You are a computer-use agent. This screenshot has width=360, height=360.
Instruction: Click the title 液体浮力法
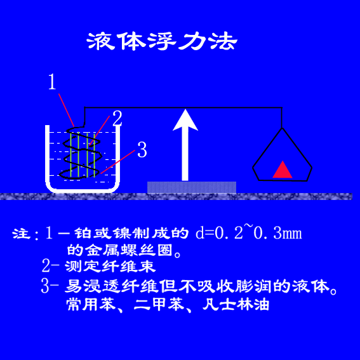pyautogui.click(x=162, y=41)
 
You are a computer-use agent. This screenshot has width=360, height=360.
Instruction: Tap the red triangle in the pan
pyautogui.click(x=283, y=170)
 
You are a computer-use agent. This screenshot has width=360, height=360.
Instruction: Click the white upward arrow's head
pyautogui.click(x=185, y=120)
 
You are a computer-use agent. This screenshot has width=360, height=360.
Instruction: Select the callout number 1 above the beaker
pyautogui.click(x=52, y=82)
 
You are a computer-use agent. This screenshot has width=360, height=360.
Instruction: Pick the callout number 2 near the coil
pyautogui.click(x=117, y=118)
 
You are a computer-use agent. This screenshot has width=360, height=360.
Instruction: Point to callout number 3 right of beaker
pyautogui.click(x=142, y=150)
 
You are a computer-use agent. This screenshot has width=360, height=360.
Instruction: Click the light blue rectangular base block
pyautogui.click(x=192, y=187)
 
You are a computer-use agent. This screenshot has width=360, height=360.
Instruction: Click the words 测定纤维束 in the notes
pyautogui.click(x=110, y=266)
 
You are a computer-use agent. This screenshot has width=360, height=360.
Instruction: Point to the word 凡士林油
pyautogui.click(x=236, y=305)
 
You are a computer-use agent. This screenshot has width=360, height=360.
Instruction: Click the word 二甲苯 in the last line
pyautogui.click(x=159, y=305)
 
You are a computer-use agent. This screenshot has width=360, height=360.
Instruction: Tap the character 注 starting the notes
pyautogui.click(x=21, y=233)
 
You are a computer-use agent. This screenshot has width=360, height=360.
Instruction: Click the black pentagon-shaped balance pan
pyautogui.click(x=283, y=180)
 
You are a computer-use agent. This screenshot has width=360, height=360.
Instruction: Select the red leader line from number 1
pyautogui.click(x=67, y=110)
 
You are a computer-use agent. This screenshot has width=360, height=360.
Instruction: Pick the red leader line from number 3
pyautogui.click(x=118, y=161)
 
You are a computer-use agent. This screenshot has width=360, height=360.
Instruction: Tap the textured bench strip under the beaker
pyautogui.click(x=176, y=197)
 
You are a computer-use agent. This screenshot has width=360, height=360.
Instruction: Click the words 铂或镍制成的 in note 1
pyautogui.click(x=131, y=233)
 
